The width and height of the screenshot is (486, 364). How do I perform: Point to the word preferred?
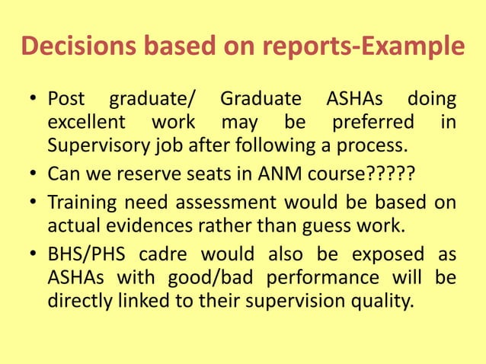point(372,122)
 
